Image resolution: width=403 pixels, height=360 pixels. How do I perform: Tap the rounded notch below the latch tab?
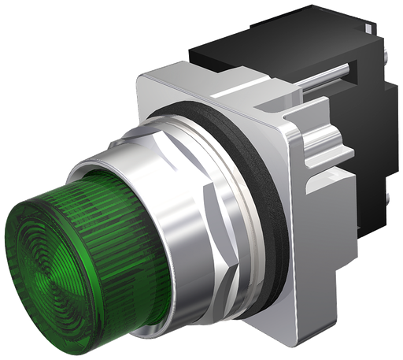tap(319, 185)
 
